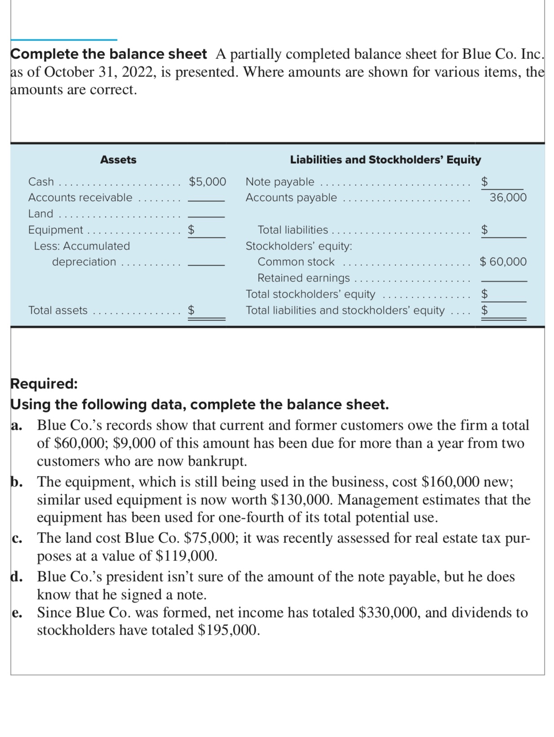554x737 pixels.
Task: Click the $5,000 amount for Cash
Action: pyautogui.click(x=207, y=182)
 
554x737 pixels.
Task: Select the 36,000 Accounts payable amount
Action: pyautogui.click(x=508, y=197)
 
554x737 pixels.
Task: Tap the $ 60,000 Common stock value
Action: pyautogui.click(x=503, y=262)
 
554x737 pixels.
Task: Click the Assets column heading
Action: pyautogui.click(x=118, y=160)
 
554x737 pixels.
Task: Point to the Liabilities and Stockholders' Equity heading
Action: pyautogui.click(x=385, y=160)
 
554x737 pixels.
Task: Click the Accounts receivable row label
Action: pyautogui.click(x=80, y=197)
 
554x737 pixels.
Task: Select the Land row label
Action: pyautogui.click(x=40, y=213)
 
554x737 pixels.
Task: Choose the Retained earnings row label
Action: pyautogui.click(x=303, y=278)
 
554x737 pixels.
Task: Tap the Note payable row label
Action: pyautogui.click(x=279, y=182)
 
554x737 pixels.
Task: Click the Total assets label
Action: pyautogui.click(x=58, y=310)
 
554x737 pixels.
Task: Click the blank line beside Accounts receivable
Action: pyautogui.click(x=206, y=200)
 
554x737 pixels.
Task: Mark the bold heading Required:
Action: pyautogui.click(x=44, y=384)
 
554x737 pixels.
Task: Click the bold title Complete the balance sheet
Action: pyautogui.click(x=109, y=54)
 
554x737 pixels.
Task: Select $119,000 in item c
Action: pyautogui.click(x=186, y=556)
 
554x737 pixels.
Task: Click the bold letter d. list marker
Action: pyautogui.click(x=17, y=577)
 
